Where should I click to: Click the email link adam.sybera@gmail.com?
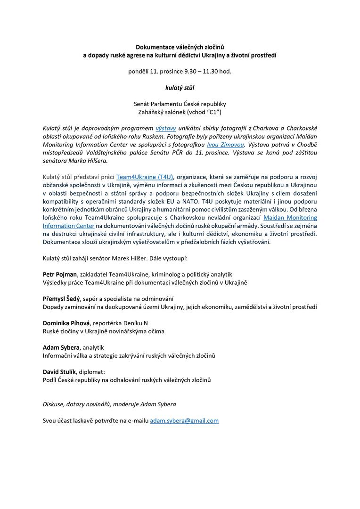tap(184, 420)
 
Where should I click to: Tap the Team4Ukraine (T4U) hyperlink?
tap(145, 177)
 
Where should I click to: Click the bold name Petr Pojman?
tap(60, 274)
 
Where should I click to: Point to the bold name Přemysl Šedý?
tap(61, 299)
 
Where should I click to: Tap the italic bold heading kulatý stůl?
tap(180, 87)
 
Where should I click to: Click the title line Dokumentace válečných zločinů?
tap(180, 47)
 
